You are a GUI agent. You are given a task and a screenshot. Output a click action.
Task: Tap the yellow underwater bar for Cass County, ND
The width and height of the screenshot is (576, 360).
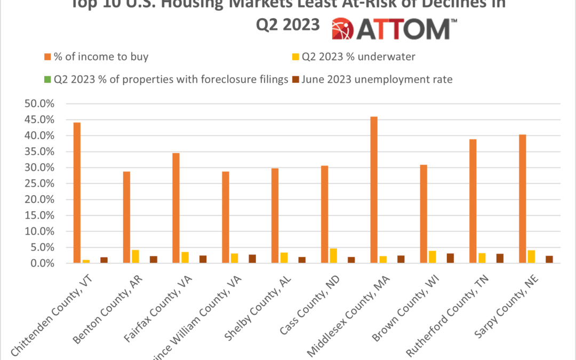click(x=333, y=256)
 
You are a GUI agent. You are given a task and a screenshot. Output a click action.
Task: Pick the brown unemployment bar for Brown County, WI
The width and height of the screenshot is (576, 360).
click(x=450, y=258)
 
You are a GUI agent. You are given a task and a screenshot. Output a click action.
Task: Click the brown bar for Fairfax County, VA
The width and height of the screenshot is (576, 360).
click(x=203, y=259)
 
